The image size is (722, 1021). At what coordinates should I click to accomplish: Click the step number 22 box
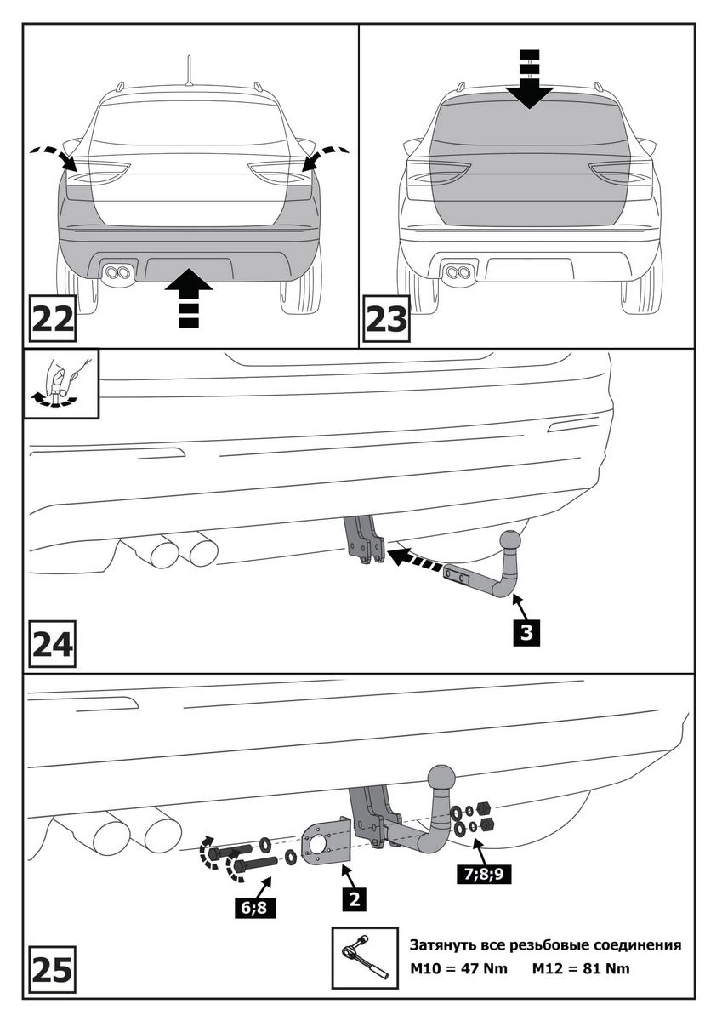[53, 319]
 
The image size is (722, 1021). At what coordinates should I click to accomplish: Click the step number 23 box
[386, 319]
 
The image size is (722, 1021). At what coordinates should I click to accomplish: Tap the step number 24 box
[53, 647]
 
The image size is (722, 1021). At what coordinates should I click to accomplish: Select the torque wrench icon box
[363, 958]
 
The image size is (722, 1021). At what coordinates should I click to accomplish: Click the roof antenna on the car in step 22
[189, 70]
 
